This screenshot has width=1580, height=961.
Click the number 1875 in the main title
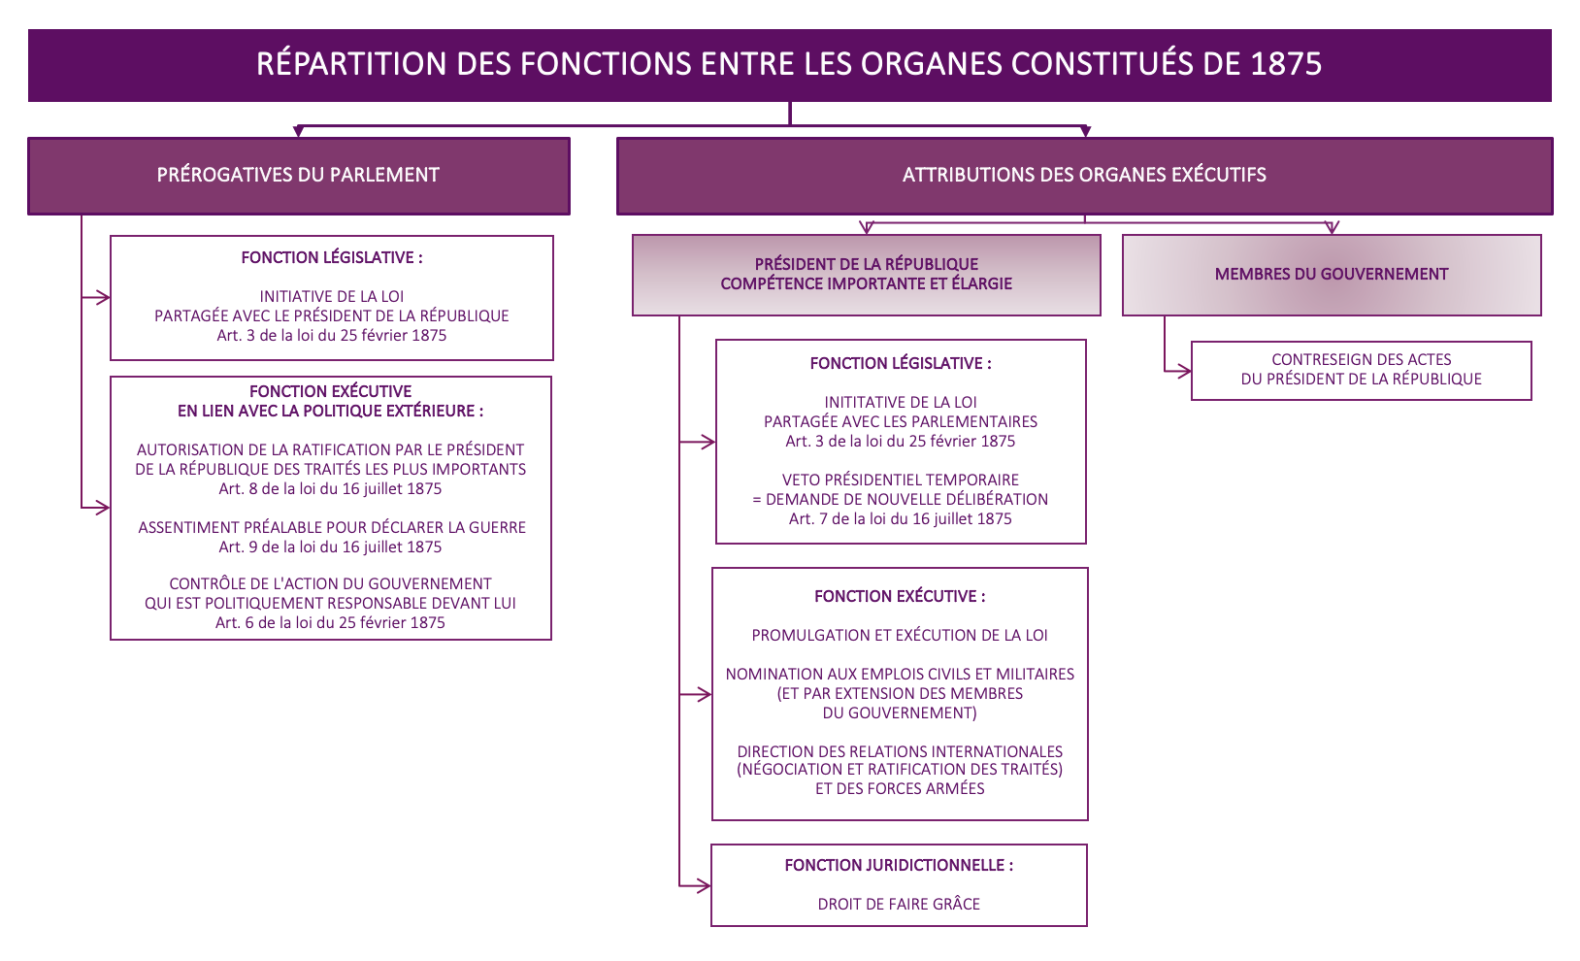pyautogui.click(x=1286, y=64)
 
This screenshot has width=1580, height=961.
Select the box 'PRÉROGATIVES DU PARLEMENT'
pyautogui.click(x=298, y=176)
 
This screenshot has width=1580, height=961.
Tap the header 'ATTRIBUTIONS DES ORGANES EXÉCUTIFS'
pyautogui.click(x=1084, y=176)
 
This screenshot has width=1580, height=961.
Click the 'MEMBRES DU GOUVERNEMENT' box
pyautogui.click(x=1331, y=275)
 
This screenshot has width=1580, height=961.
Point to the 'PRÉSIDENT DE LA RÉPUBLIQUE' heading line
pyautogui.click(x=866, y=264)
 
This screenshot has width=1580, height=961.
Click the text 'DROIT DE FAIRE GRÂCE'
pyautogui.click(x=899, y=905)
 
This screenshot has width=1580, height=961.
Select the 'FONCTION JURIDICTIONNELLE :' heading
pyautogui.click(x=899, y=866)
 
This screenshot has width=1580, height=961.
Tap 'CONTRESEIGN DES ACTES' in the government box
pyautogui.click(x=1361, y=360)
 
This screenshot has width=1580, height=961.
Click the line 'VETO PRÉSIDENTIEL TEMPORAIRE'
pyautogui.click(x=900, y=480)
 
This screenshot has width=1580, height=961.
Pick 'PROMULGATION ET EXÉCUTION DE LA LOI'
pyautogui.click(x=900, y=636)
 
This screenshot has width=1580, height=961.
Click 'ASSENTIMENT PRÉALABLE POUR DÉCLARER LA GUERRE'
pyautogui.click(x=332, y=528)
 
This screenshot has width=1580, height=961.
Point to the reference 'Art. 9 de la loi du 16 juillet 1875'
pyautogui.click(x=330, y=547)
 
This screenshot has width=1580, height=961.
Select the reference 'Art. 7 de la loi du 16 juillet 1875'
pyautogui.click(x=900, y=519)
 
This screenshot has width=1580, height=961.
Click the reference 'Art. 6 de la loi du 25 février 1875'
pyautogui.click(x=330, y=623)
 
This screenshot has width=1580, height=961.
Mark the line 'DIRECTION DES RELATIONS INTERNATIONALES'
pyautogui.click(x=900, y=752)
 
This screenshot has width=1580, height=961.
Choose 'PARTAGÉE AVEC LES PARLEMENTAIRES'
pyautogui.click(x=900, y=422)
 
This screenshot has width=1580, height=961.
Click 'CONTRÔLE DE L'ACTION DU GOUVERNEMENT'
pyautogui.click(x=330, y=584)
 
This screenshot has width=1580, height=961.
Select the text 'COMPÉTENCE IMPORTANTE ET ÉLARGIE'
pyautogui.click(x=866, y=284)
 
